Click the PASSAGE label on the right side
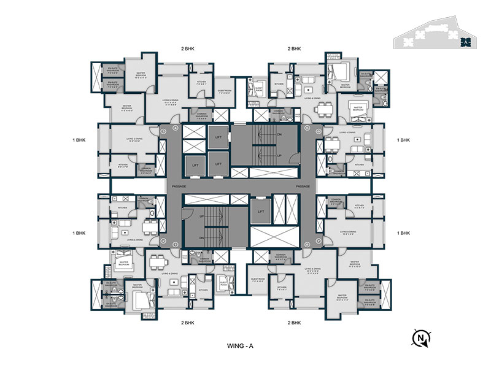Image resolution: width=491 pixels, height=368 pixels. pos(303,185)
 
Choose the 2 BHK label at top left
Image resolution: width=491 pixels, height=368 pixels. pos(188,48)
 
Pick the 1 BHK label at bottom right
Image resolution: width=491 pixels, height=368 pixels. pos(403,233)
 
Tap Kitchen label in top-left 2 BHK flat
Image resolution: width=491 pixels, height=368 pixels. pos(201,82)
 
